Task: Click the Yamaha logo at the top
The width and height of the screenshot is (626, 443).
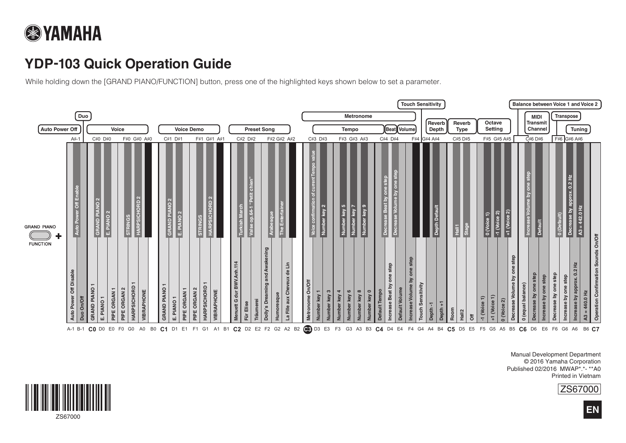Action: (63, 33)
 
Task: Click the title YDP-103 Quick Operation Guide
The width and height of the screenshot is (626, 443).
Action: (128, 64)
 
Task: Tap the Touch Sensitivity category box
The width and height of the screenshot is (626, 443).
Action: (421, 104)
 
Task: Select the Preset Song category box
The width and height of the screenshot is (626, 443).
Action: (259, 129)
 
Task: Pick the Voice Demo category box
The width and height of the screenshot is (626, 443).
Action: (189, 129)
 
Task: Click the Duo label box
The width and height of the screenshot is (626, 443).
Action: (83, 116)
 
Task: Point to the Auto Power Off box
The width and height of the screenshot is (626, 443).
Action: (59, 129)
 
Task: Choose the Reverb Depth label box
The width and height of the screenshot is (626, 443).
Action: (436, 126)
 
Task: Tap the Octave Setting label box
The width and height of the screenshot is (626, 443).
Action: (493, 126)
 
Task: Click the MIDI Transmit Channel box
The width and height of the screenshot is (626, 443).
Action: (537, 123)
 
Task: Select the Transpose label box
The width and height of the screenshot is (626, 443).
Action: (566, 116)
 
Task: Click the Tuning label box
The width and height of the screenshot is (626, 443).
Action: (579, 129)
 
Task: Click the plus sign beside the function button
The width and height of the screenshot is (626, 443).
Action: (59, 236)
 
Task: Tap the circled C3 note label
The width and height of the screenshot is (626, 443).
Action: (307, 329)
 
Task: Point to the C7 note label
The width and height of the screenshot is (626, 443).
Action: (595, 329)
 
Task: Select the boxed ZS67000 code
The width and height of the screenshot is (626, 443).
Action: (579, 389)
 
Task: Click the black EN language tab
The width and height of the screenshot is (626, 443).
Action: (592, 410)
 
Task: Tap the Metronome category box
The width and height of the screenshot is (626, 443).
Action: (353, 116)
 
